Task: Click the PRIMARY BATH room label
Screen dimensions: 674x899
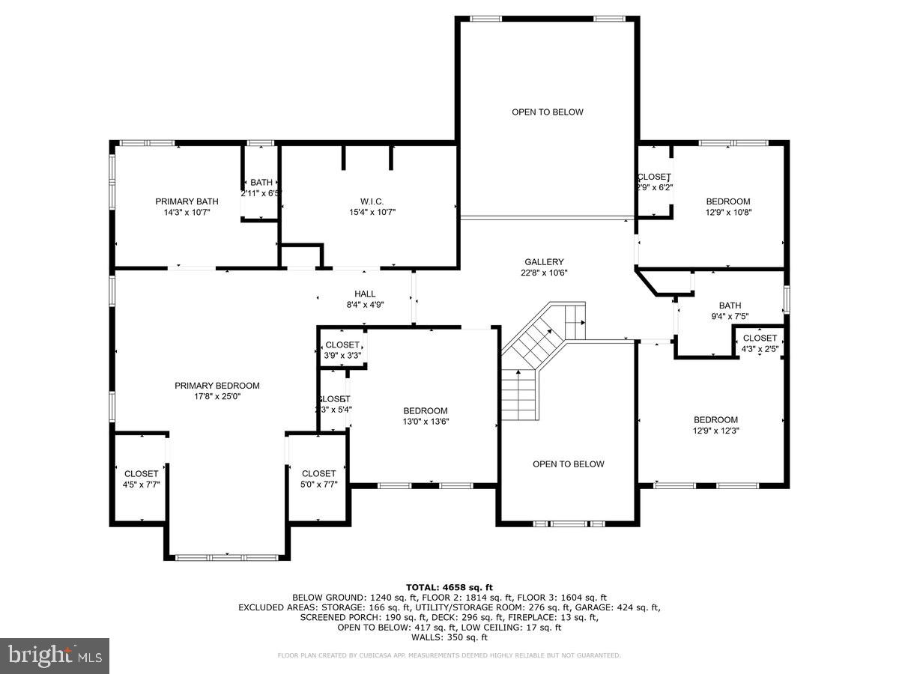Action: (187, 201)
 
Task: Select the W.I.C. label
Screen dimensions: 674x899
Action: (372, 201)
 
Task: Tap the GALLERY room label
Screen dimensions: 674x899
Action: (543, 262)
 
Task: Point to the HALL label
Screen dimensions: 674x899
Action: (365, 294)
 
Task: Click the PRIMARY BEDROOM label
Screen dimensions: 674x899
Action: (217, 386)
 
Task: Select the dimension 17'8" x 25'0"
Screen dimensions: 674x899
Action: (217, 397)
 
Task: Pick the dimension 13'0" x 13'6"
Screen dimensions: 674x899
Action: (425, 422)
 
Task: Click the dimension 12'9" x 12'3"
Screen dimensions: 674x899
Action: (715, 431)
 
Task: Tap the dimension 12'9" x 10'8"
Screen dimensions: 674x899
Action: (727, 212)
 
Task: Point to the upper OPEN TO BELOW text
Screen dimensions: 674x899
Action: (547, 112)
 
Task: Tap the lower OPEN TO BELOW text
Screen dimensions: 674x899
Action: (568, 464)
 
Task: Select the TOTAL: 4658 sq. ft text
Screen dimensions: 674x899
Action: (449, 587)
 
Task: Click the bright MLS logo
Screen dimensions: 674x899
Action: (55, 656)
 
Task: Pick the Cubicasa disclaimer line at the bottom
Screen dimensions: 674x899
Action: (449, 655)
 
